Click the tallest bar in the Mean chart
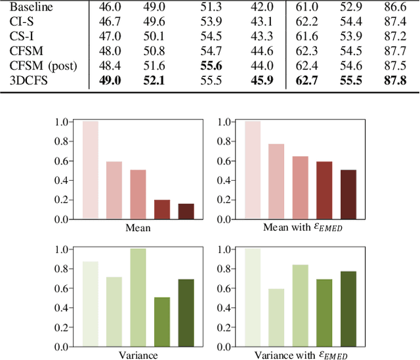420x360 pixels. pyautogui.click(x=90, y=169)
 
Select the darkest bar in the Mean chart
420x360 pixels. pyautogui.click(x=186, y=211)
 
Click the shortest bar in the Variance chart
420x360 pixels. pyautogui.click(x=162, y=321)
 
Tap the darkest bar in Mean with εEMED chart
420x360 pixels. pyautogui.click(x=348, y=194)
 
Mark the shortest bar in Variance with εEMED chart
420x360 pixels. pyautogui.click(x=276, y=317)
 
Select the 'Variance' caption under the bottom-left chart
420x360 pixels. pyautogui.click(x=138, y=355)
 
